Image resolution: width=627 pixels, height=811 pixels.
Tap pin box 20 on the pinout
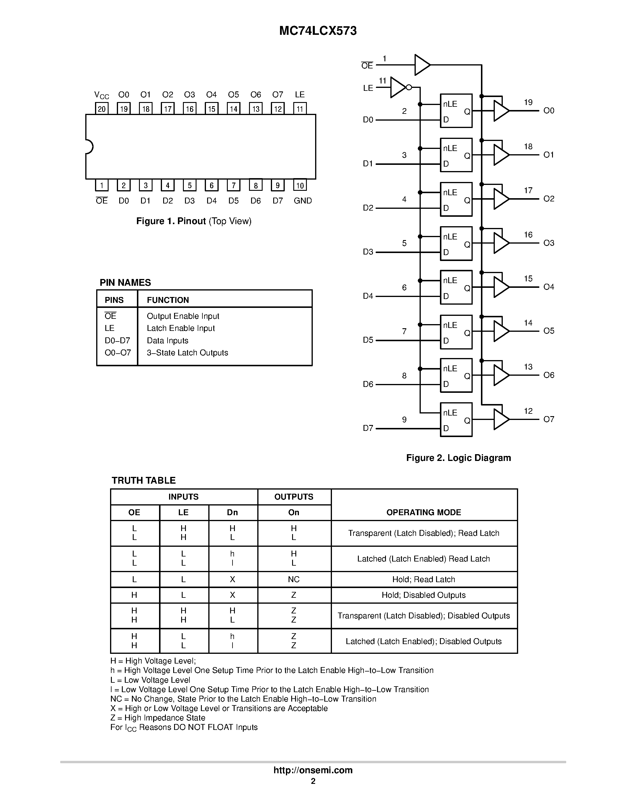102,109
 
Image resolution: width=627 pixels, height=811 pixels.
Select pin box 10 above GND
300,185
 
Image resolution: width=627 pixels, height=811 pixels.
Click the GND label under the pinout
302,201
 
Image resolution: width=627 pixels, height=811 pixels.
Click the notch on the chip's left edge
89,147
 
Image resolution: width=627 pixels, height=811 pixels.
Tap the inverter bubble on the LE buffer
409,87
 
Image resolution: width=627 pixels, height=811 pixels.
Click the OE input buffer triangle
422,65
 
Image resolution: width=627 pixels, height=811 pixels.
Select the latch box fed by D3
456,244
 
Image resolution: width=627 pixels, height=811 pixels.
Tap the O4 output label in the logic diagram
549,287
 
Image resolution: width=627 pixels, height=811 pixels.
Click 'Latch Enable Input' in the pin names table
181,328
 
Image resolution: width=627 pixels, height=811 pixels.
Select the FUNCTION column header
168,300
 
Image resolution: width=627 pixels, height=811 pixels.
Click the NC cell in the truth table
294,579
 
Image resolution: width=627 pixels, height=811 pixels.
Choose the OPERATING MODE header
423,513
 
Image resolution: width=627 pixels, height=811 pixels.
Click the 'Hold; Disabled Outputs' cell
423,595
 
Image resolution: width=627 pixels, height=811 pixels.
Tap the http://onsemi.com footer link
313,770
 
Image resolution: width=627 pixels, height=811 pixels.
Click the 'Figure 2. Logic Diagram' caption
458,458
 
